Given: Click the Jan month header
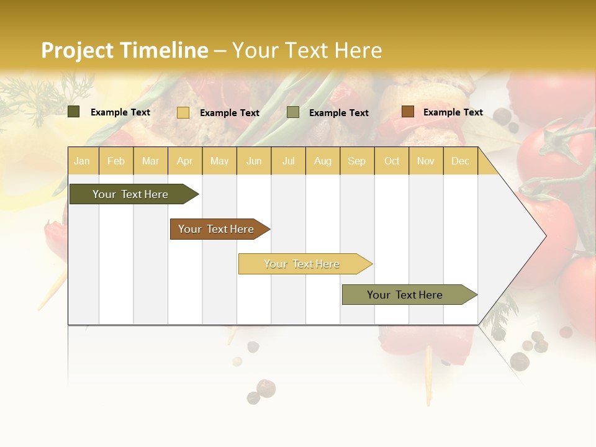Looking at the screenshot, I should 82,161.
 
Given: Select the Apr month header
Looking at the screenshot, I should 184,161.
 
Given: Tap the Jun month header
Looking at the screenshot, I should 254,161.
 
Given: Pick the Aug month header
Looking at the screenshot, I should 322,161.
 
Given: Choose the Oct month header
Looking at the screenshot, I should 392,161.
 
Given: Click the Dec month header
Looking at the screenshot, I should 460,161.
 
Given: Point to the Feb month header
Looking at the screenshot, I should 116,161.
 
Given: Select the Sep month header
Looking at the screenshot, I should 356,161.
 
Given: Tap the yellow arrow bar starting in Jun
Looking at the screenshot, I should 302,264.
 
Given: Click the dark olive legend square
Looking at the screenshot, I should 74,112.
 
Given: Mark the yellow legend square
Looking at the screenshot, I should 183,112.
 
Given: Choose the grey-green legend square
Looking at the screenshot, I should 293,112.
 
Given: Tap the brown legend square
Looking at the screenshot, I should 407,112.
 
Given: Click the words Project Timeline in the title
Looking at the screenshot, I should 124,50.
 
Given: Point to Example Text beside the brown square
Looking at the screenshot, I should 453,112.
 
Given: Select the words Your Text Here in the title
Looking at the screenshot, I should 307,50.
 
